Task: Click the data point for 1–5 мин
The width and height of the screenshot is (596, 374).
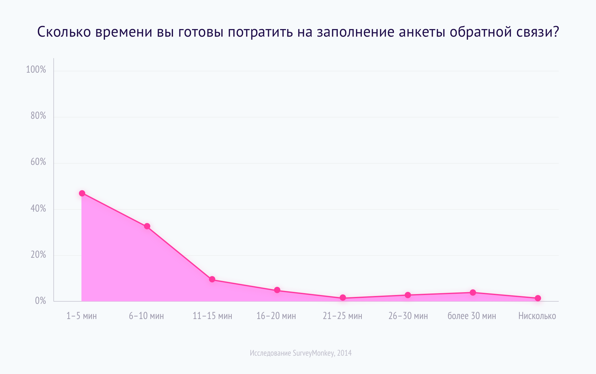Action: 82,193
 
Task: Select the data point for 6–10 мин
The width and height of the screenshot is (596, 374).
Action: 147,226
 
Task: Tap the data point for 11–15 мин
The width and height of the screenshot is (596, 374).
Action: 212,279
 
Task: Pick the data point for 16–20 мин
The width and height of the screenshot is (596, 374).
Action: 277,290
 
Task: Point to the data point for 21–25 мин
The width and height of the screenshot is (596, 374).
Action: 343,298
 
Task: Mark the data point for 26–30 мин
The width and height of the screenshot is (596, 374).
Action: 408,295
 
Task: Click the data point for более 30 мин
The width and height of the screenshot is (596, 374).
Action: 473,293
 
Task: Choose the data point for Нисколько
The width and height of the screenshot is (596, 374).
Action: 538,298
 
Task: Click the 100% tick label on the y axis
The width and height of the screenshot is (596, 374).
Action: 36,70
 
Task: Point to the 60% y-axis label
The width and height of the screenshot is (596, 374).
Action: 38,162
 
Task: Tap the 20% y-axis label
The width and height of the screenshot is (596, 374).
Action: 38,255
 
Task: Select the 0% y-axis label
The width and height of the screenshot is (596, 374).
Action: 40,301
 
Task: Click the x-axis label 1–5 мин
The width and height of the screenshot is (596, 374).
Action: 81,316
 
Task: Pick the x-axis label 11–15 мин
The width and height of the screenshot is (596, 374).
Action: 212,316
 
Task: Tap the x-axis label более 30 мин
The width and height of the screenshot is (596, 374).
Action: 472,316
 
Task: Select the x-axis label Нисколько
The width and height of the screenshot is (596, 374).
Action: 537,316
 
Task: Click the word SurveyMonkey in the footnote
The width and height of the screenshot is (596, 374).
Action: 313,353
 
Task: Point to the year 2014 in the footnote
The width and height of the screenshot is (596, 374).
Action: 344,353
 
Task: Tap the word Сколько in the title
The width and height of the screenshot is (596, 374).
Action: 64,32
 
